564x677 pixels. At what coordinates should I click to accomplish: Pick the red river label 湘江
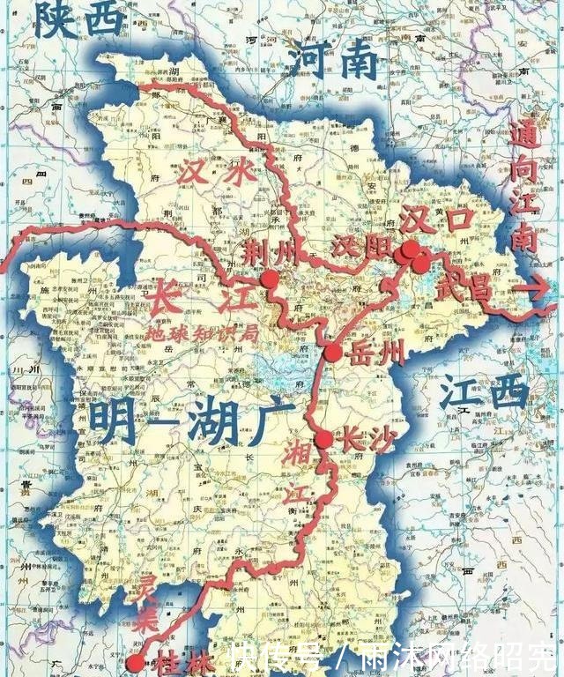(297, 480)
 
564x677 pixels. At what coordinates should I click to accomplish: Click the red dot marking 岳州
(333, 353)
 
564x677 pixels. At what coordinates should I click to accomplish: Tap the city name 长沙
(363, 438)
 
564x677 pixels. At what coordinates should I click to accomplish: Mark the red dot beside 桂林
(135, 663)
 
